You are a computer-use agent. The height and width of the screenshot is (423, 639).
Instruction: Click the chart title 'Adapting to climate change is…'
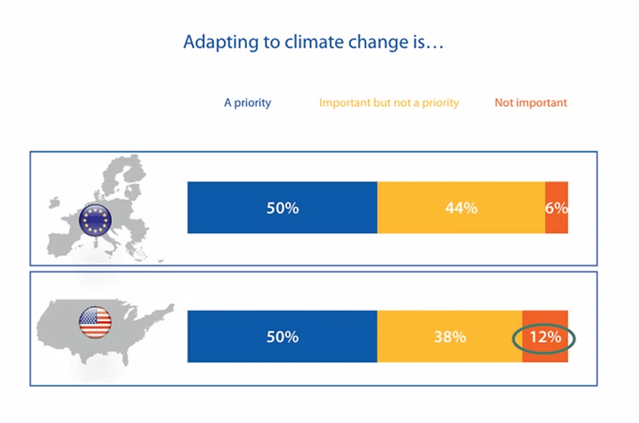pos(313,42)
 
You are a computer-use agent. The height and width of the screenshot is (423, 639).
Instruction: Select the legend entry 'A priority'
pos(248,103)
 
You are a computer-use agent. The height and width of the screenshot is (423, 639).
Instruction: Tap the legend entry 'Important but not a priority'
pos(389,103)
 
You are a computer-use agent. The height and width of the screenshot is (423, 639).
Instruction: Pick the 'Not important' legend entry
pos(531,103)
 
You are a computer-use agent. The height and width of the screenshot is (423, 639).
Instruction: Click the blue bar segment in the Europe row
pos(282,208)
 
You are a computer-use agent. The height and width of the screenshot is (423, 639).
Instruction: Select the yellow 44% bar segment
pos(461,208)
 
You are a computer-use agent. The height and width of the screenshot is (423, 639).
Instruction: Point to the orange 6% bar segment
pos(556,208)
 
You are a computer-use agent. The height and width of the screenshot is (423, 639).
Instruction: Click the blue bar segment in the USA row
pos(282,337)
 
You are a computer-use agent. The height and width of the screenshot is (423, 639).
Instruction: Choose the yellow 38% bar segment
pos(450,337)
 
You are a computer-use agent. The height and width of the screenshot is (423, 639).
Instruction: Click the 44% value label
pos(461,208)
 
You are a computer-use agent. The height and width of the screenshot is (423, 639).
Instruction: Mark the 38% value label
pos(450,337)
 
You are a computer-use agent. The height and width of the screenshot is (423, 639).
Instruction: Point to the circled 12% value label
pos(546,337)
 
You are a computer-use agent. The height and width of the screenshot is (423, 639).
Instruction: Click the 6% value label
pos(556,208)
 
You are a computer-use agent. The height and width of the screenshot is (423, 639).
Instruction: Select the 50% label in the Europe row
pos(282,208)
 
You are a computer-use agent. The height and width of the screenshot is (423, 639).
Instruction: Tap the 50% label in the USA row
pos(282,337)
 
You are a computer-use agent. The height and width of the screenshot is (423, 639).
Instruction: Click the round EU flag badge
pos(95,220)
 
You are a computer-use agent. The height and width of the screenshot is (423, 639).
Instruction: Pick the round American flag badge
pos(95,322)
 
